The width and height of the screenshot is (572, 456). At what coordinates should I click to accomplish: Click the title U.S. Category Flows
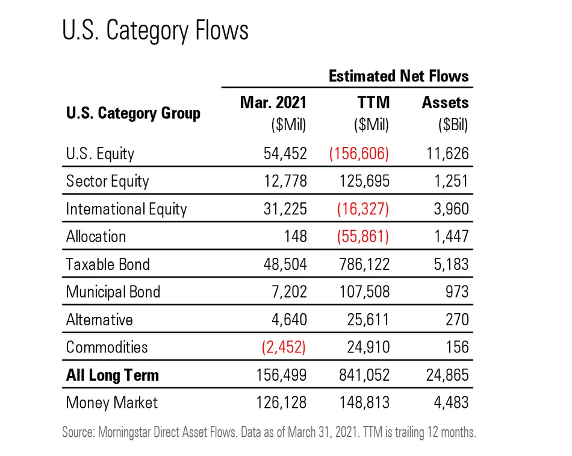(155, 31)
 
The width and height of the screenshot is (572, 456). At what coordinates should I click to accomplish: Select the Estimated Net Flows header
(398, 77)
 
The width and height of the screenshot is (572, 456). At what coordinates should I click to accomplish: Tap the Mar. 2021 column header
(273, 102)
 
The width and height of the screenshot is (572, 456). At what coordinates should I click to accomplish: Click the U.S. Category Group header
(133, 113)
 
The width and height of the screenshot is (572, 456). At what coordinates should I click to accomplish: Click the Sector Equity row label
(107, 181)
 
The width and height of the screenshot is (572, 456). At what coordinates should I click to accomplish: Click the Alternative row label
(99, 319)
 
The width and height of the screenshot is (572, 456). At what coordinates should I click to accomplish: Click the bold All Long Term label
(113, 375)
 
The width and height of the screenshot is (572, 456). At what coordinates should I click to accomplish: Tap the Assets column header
(445, 102)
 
